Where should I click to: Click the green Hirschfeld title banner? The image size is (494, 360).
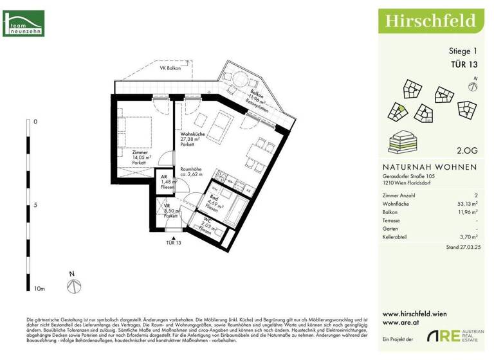[x=430, y=21]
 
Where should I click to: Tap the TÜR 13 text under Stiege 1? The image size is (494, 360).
[x=463, y=64]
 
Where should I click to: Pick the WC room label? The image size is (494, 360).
[x=208, y=220]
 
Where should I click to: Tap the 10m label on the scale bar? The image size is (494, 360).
[x=41, y=289]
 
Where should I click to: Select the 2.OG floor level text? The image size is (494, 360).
[x=467, y=151]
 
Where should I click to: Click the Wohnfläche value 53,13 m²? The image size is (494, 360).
[x=464, y=203]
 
